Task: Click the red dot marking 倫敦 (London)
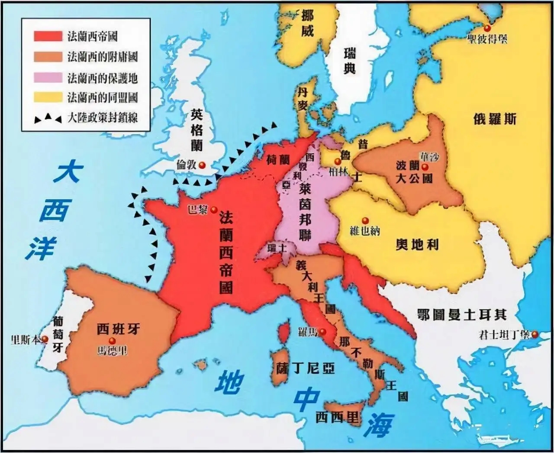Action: [202, 165]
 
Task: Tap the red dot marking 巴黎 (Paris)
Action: [214, 210]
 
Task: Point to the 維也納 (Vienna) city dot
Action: [365, 221]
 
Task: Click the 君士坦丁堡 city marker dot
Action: [535, 334]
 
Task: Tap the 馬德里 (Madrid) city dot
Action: [112, 341]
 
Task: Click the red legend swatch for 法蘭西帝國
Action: [48, 36]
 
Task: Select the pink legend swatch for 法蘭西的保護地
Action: [48, 78]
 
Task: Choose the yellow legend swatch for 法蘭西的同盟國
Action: [48, 97]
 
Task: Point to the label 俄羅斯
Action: [495, 119]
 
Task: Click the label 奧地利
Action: [417, 245]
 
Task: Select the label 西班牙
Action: [118, 329]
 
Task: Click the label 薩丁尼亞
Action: [306, 368]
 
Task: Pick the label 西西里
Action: [338, 417]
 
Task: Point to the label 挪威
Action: [307, 23]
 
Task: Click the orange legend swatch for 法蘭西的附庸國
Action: [48, 57]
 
